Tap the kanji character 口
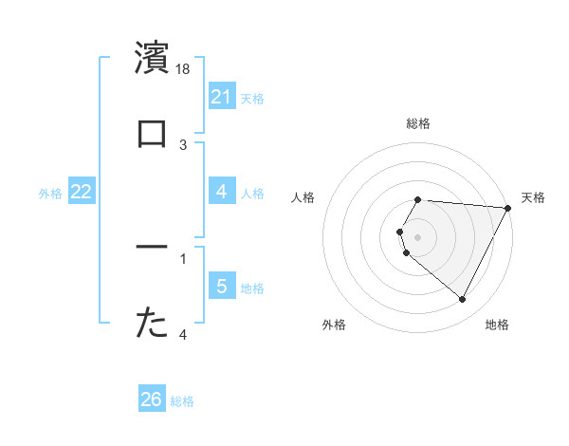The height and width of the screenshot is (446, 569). pos(153,134)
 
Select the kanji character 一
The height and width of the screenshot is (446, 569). pos(153,248)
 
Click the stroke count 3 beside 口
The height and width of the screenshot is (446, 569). pos(184,144)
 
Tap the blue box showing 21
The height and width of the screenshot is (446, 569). pos(222,97)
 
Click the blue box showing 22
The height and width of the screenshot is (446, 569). pos(82,192)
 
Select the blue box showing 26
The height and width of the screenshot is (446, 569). pos(152,400)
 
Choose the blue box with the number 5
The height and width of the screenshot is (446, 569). pos(222,287)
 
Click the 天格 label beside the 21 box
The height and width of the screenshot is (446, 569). pos(252,98)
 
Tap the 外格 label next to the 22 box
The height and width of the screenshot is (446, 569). pos(50,193)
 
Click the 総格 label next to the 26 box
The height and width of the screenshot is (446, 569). pos(182,400)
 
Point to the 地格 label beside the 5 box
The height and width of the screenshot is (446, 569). pos(252,288)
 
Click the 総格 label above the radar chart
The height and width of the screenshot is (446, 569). pos(418,123)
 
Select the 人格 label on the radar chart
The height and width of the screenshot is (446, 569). pos(303,197)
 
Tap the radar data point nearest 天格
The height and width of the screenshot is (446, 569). pos(508,208)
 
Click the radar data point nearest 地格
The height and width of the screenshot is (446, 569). pos(462,300)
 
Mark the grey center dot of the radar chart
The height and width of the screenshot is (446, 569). pos(418,236)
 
